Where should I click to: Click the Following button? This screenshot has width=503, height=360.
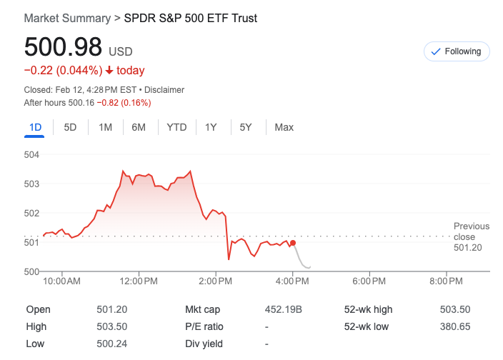457,51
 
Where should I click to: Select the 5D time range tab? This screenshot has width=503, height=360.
70,127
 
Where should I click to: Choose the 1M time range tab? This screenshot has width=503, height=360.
105,127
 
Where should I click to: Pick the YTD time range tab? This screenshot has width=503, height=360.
176,127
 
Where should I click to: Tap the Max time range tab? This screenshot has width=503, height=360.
284,127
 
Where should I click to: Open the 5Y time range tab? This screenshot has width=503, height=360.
246,127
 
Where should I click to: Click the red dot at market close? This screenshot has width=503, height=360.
293,244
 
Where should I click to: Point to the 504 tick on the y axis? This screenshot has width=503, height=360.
31,154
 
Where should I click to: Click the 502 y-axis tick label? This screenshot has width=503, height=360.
31,213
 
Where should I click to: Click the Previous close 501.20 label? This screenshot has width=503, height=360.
472,236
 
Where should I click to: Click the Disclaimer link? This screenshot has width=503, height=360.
165,90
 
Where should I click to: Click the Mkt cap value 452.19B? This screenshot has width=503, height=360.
284,310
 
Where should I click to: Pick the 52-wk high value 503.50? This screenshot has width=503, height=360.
455,310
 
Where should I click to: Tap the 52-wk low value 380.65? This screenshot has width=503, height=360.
455,326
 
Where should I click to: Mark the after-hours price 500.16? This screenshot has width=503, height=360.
82,103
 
